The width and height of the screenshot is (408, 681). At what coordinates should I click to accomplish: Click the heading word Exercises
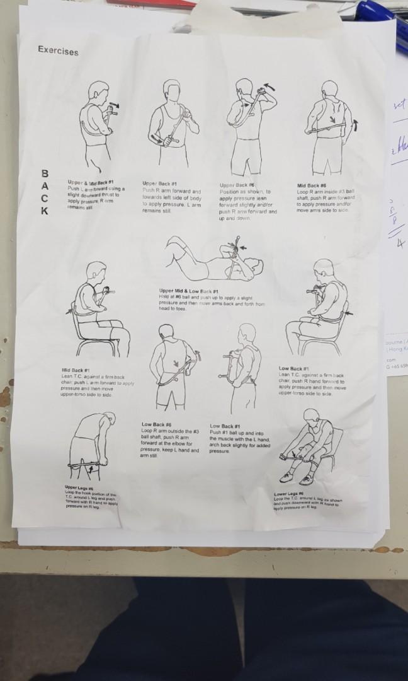point(58,50)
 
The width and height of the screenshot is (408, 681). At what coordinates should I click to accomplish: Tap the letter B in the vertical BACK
point(44,173)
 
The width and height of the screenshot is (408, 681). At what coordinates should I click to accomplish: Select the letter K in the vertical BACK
point(44,211)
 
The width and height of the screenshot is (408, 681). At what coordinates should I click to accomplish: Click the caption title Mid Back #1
point(75,370)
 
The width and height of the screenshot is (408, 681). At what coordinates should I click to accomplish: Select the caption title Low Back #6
point(156,424)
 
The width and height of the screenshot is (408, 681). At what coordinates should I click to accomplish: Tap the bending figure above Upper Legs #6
point(91,441)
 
